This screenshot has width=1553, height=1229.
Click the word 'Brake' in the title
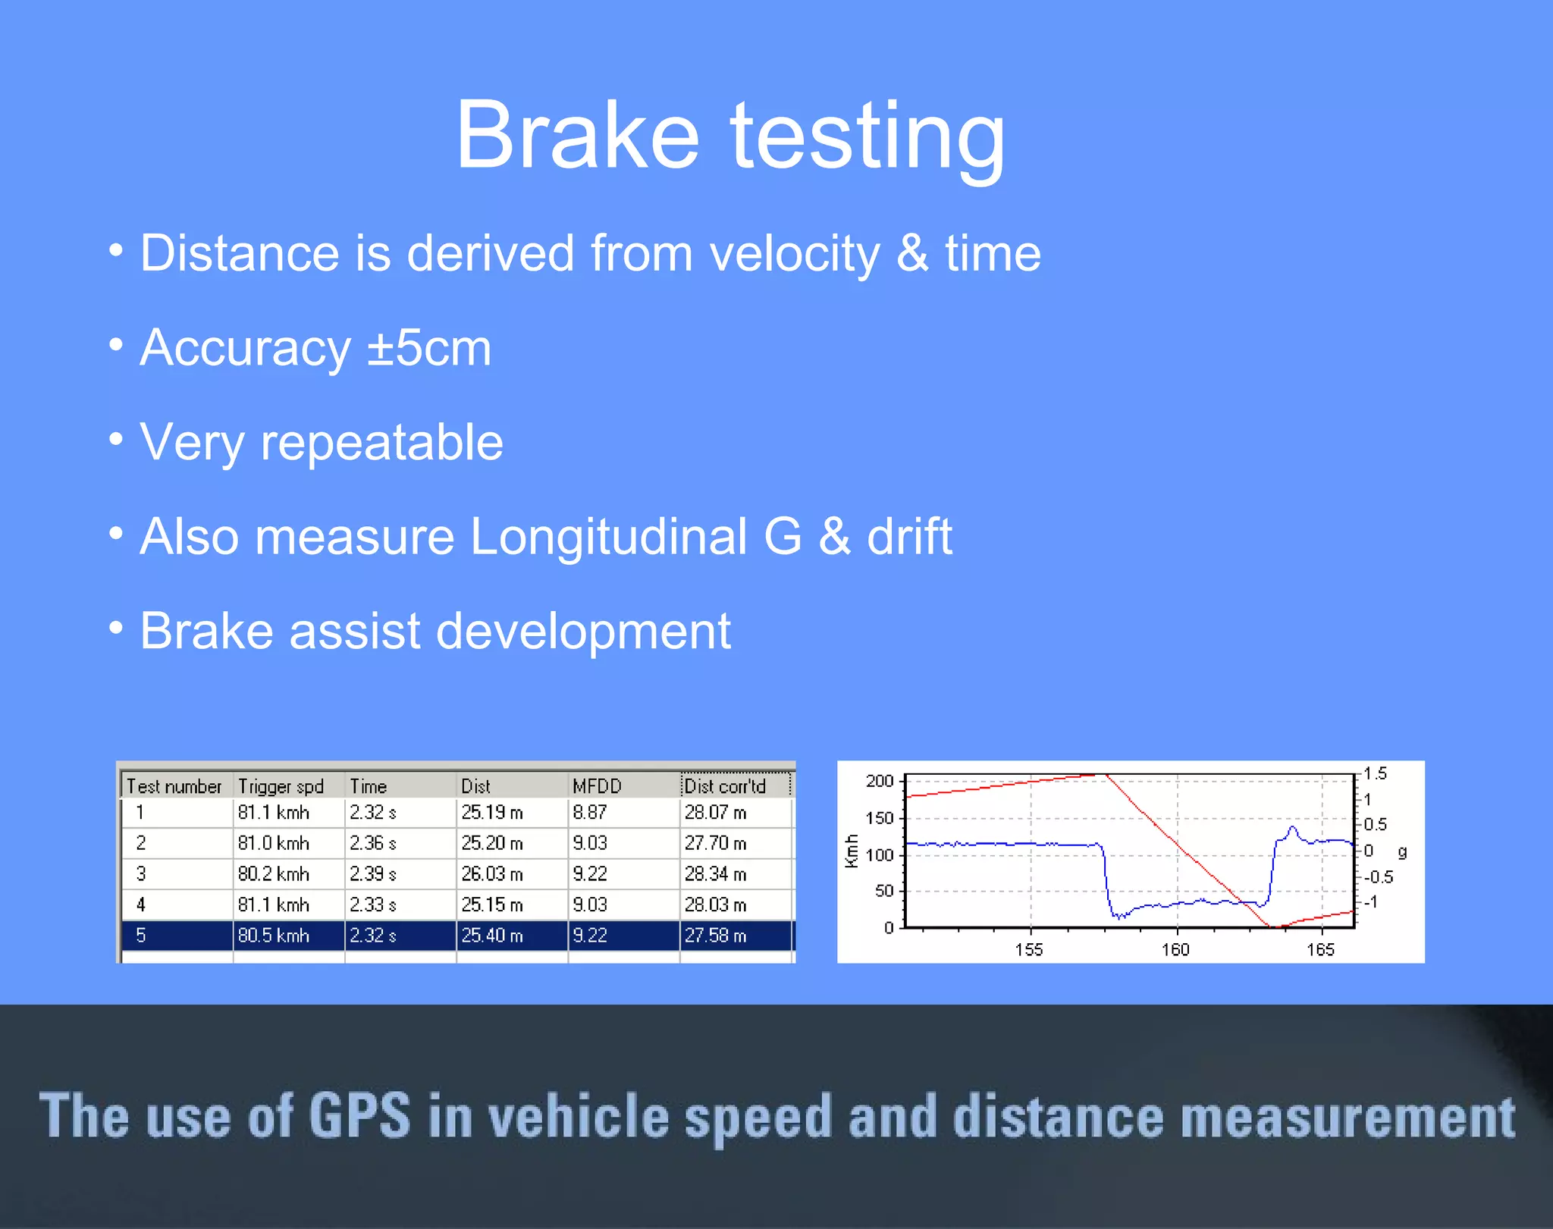click(576, 136)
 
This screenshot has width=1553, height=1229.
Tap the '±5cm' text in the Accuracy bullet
click(429, 348)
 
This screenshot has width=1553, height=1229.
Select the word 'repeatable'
click(381, 443)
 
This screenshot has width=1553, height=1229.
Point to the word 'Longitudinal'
click(609, 537)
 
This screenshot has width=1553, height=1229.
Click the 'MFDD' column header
click(597, 786)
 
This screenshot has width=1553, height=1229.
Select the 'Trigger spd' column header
click(281, 786)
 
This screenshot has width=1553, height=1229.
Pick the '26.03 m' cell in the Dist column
click(492, 874)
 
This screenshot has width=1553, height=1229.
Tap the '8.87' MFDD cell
click(589, 813)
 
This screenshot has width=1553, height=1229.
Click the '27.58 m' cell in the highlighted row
click(715, 936)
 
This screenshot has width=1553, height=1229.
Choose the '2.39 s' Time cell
click(372, 874)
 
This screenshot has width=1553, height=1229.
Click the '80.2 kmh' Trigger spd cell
click(273, 874)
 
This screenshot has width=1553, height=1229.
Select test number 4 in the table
click(141, 905)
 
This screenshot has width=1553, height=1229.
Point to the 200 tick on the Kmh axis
click(880, 781)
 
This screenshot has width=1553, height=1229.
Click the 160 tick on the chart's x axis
click(1175, 949)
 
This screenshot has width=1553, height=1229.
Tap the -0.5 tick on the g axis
click(1378, 877)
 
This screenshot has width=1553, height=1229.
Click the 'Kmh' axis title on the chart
click(852, 851)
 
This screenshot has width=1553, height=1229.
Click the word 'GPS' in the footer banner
click(359, 1116)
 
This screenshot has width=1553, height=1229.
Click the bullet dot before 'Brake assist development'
click(115, 628)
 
